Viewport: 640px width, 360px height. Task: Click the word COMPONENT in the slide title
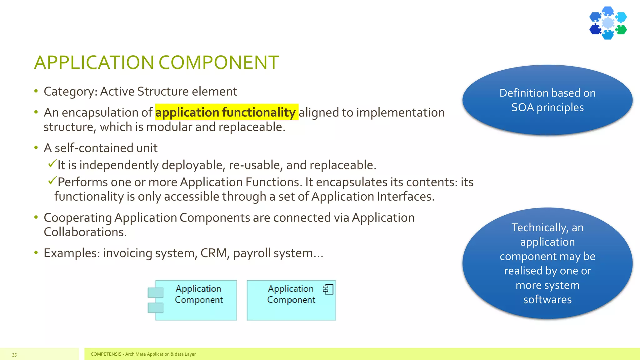219,62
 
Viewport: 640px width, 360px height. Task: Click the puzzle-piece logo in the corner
608,23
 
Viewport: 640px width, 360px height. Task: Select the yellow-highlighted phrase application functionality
226,112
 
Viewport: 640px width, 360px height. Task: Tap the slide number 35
14,355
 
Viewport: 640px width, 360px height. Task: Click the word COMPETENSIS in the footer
106,354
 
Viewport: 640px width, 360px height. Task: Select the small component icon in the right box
328,289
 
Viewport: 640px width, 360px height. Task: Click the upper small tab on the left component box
156,292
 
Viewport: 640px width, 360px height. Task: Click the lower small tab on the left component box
156,308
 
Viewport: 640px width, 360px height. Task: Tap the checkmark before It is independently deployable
52,163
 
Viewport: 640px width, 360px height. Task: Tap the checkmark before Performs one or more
52,180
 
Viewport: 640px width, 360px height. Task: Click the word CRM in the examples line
214,253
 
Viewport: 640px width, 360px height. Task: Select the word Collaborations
85,232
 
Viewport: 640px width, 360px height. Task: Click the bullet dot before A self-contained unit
36,147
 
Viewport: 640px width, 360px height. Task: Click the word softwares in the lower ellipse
547,300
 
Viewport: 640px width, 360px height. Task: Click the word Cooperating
78,218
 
